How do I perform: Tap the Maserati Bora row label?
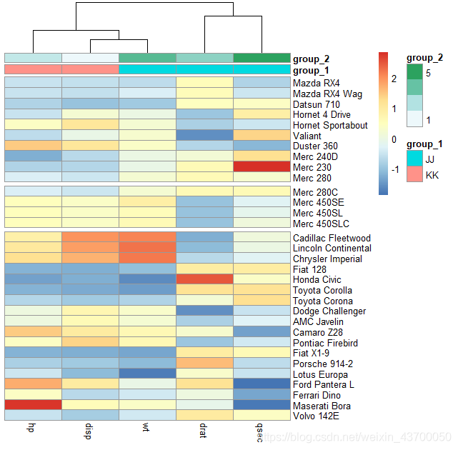[x=322, y=406]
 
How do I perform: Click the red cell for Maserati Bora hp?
[x=33, y=406]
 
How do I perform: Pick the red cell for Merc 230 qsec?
[x=262, y=166]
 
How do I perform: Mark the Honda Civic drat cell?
[x=204, y=279]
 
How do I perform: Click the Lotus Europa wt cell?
[x=147, y=374]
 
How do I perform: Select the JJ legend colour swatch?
[x=414, y=159]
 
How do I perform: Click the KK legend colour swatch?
[x=414, y=175]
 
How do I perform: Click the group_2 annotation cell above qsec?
[x=262, y=58]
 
